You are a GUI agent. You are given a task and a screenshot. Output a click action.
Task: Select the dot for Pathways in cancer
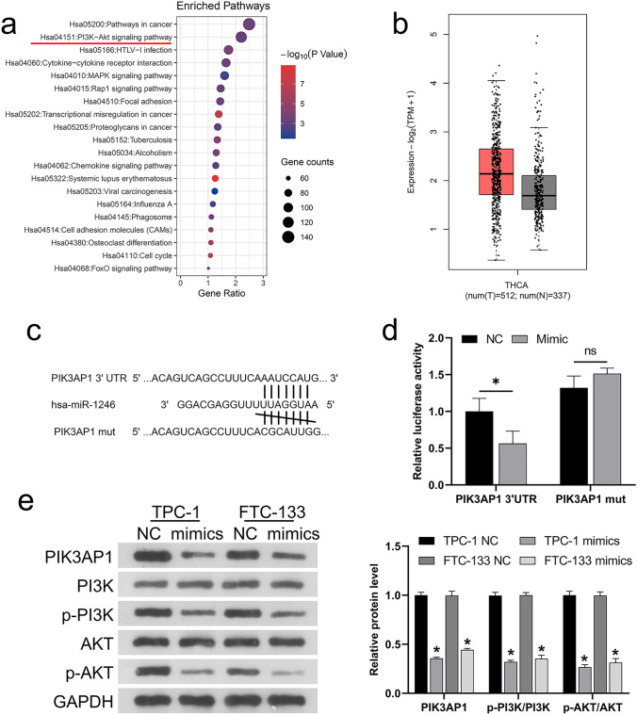(249, 24)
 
